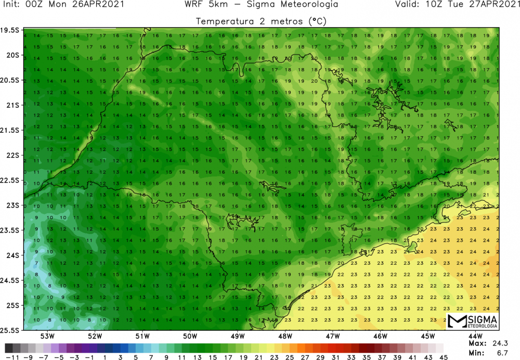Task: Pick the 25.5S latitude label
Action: [x=10, y=330]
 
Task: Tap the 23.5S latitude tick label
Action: [x=10, y=230]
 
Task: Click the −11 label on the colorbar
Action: [x=9, y=356]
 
